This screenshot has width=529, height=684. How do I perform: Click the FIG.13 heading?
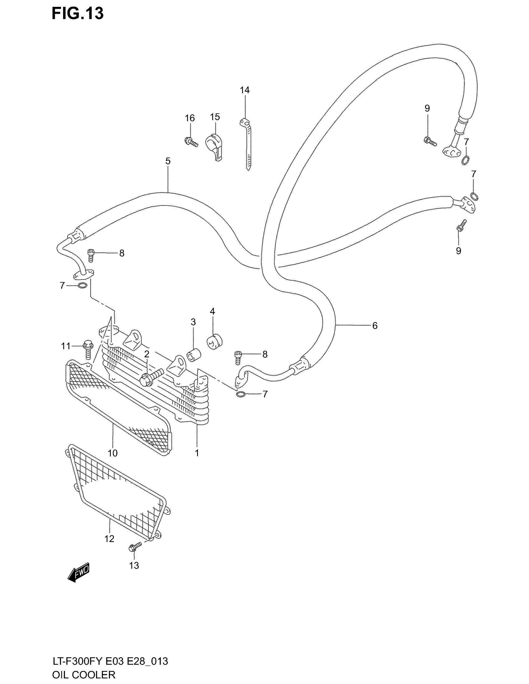[x=77, y=14]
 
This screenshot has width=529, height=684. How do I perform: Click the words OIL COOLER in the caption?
[x=84, y=674]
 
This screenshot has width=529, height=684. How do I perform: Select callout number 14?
[x=245, y=90]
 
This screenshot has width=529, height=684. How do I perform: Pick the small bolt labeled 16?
[x=191, y=142]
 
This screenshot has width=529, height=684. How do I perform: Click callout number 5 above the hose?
[x=168, y=161]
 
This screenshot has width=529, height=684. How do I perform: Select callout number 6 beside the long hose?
[x=375, y=326]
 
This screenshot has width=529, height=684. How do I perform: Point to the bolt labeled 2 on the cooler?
[x=152, y=377]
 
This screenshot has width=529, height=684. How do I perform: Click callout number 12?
[x=109, y=539]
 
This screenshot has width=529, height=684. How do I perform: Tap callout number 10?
[x=113, y=453]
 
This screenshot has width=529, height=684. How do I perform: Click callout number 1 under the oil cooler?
[x=197, y=453]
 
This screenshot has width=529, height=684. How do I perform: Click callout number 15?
[x=215, y=117]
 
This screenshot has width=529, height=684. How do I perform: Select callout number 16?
[x=190, y=118]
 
